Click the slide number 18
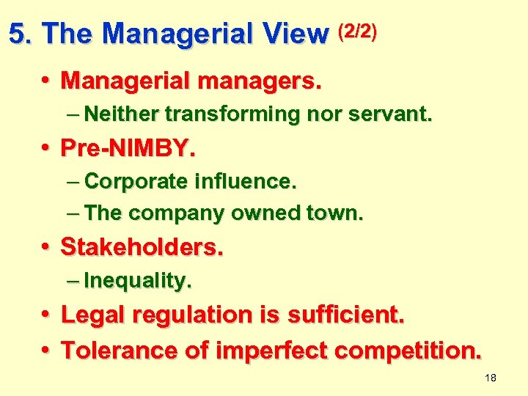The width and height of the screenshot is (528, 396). (x=491, y=378)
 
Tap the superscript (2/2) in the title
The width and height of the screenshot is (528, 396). (x=357, y=32)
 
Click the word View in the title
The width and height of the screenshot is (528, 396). (x=296, y=34)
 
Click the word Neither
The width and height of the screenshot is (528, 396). (x=122, y=114)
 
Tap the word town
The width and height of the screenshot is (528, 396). (x=336, y=213)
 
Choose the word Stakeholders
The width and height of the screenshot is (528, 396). (x=142, y=247)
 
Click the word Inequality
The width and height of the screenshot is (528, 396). (x=138, y=280)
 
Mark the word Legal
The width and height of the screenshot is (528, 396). (x=92, y=315)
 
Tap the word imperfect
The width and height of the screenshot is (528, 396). (x=275, y=350)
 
